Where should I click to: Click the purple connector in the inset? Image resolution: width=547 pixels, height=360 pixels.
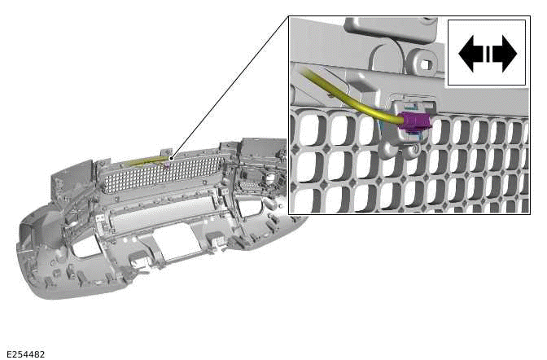pyautogui.click(x=416, y=123)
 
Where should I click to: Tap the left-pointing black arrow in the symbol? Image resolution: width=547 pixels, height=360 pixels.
pyautogui.click(x=470, y=54)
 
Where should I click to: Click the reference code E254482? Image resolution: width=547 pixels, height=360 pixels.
pyautogui.click(x=24, y=354)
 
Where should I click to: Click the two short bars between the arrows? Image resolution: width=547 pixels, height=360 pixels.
pyautogui.click(x=488, y=54)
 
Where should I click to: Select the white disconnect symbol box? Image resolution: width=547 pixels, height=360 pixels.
pyautogui.click(x=487, y=53)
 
